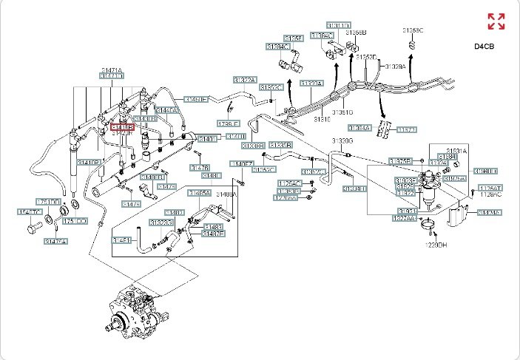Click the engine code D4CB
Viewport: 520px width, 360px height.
tap(484, 46)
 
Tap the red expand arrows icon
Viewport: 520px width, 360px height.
tap(496, 21)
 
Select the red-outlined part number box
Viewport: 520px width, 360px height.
tap(122, 128)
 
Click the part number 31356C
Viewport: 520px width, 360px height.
tap(413, 30)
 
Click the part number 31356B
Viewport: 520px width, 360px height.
tap(357, 33)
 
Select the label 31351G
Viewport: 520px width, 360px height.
tap(342, 112)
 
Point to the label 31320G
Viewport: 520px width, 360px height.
tap(342, 140)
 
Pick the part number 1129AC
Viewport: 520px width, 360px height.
tap(490, 194)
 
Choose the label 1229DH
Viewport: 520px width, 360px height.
tap(436, 245)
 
